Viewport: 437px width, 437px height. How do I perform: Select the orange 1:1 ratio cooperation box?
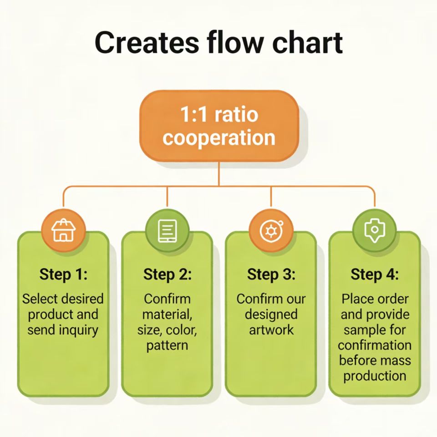[x=218, y=126]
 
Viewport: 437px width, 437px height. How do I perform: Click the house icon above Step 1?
[x=63, y=230]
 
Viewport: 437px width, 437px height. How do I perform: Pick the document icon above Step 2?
[x=167, y=230]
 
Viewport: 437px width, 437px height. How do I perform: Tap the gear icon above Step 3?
[x=271, y=230]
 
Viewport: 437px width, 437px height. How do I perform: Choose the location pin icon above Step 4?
[x=375, y=230]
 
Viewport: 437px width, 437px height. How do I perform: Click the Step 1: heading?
[x=63, y=274]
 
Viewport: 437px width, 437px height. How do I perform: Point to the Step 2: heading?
[x=167, y=274]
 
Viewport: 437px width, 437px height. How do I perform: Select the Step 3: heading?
[x=271, y=274]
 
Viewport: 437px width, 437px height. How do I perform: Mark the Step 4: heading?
[x=375, y=274]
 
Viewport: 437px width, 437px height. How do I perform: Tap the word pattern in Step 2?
[x=167, y=346]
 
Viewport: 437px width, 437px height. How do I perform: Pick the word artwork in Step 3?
[x=271, y=330]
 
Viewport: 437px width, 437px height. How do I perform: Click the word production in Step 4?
[x=375, y=376]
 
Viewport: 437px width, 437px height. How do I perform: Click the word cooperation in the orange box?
[x=218, y=137]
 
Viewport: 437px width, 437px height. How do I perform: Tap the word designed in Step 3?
[x=271, y=315]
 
